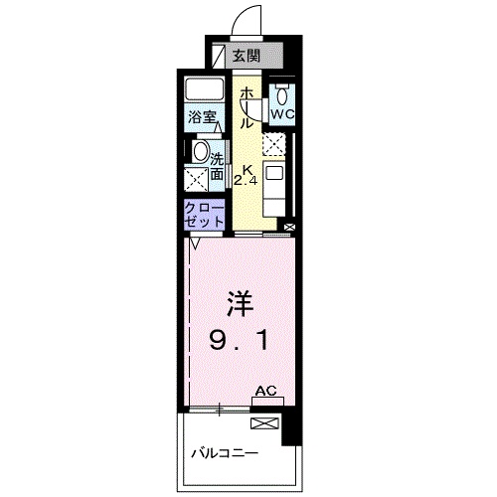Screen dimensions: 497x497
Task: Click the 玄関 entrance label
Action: click(246, 57)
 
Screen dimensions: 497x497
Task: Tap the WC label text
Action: click(283, 113)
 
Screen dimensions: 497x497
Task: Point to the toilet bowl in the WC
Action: click(283, 94)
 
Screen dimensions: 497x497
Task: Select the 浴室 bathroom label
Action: click(204, 116)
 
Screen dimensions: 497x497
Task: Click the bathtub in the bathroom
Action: click(206, 89)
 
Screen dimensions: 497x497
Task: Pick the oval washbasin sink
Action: click(201, 153)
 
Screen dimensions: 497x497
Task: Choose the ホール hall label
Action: click(245, 107)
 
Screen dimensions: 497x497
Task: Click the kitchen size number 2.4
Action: click(245, 181)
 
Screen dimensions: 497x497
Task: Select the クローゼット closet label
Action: click(204, 215)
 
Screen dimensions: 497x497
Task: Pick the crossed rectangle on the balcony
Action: click(265, 422)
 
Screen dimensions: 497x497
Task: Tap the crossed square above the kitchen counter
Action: click(274, 144)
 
